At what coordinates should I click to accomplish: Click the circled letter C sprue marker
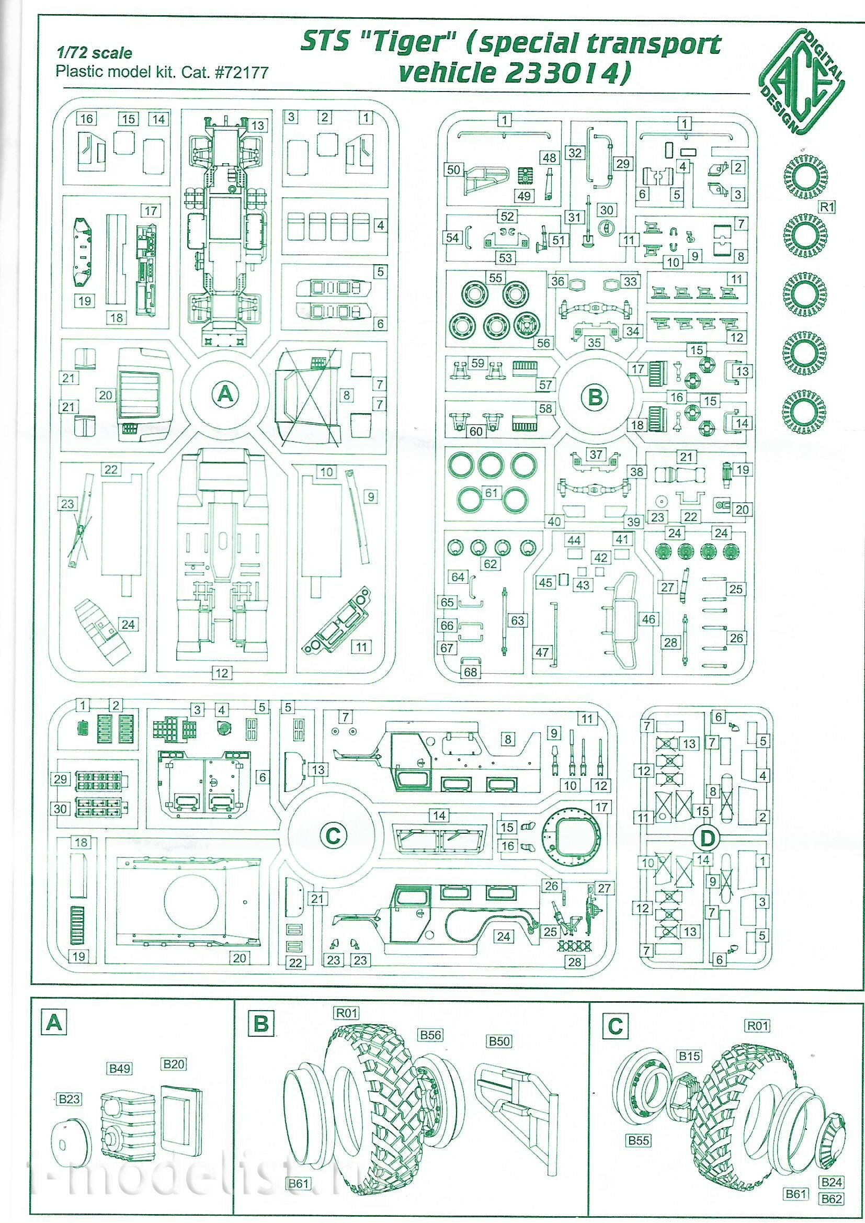[333, 835]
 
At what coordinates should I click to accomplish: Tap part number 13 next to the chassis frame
[258, 126]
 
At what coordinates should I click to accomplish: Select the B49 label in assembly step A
[120, 1069]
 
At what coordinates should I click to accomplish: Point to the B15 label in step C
[689, 1056]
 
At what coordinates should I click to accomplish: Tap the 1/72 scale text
[94, 53]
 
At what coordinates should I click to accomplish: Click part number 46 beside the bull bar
[648, 619]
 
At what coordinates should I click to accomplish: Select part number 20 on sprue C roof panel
[240, 973]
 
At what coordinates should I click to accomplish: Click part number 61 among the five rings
[491, 493]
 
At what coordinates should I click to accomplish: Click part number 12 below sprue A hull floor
[222, 673]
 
